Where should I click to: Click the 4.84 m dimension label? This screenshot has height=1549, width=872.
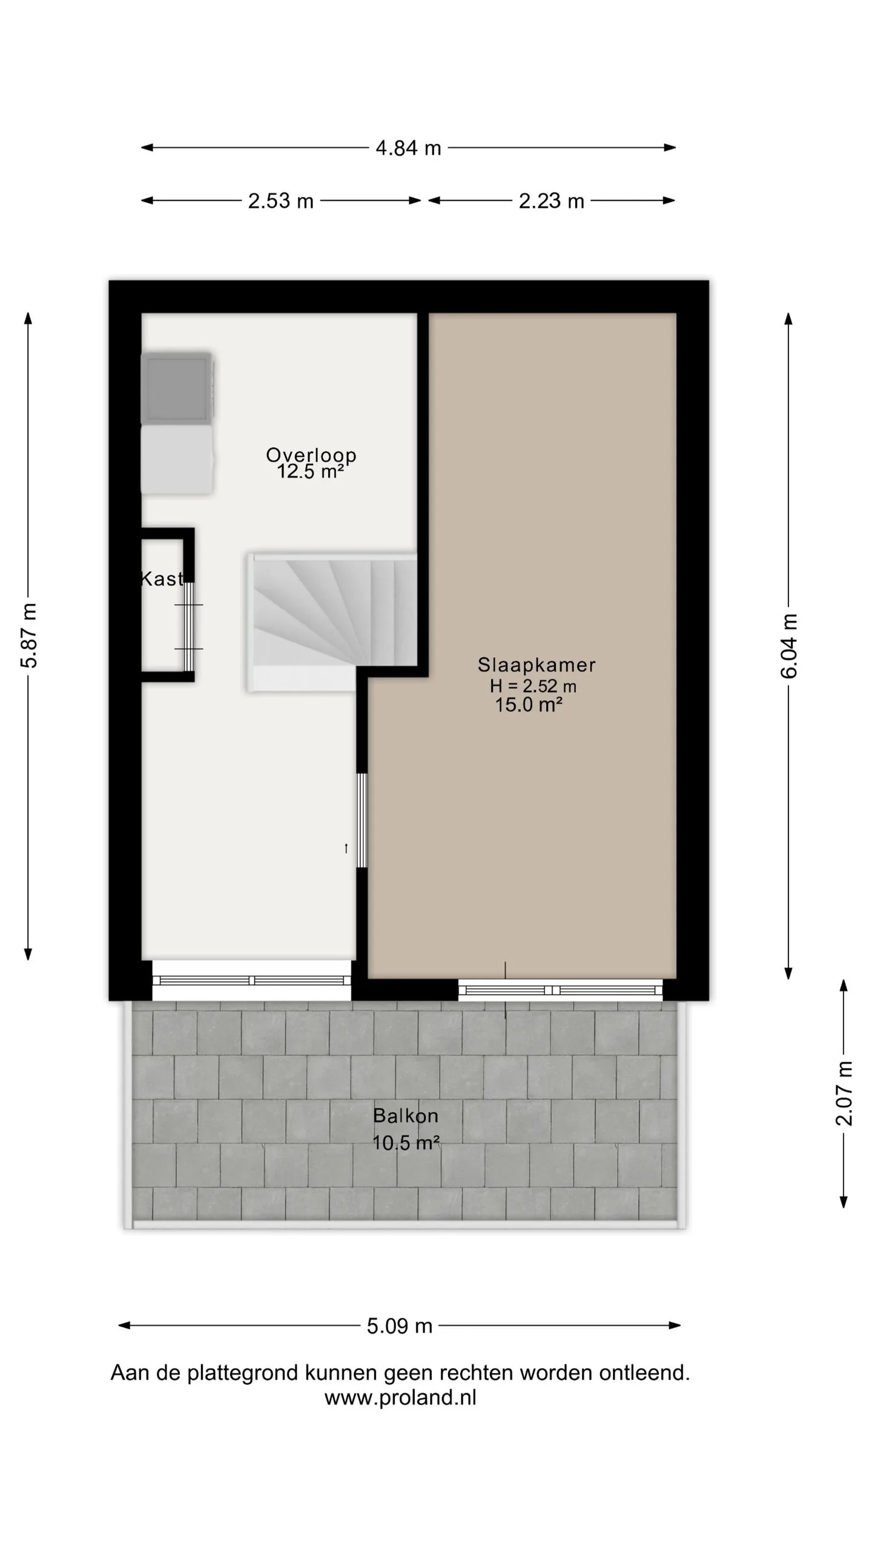point(408,148)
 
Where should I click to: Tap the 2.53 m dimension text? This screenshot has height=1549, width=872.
point(281,201)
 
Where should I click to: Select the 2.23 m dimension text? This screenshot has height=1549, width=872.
point(551,201)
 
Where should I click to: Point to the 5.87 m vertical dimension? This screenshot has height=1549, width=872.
point(29,635)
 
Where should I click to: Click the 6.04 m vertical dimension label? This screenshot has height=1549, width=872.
point(789,646)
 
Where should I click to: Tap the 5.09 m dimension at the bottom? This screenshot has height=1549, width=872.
point(400,1326)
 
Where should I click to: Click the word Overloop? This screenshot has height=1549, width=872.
point(311,455)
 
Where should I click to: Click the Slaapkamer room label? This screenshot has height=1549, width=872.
point(537,665)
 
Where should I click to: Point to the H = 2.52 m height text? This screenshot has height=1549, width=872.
point(533,686)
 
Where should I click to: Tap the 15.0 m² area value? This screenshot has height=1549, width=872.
point(529,705)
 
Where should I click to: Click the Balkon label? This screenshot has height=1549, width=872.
point(406,1116)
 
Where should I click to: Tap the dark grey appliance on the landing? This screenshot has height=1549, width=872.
point(177,388)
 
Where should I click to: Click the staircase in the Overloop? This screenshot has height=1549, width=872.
point(332,622)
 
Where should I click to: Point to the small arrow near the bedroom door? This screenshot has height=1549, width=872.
point(346,848)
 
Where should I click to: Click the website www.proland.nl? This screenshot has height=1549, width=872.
point(400,1398)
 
